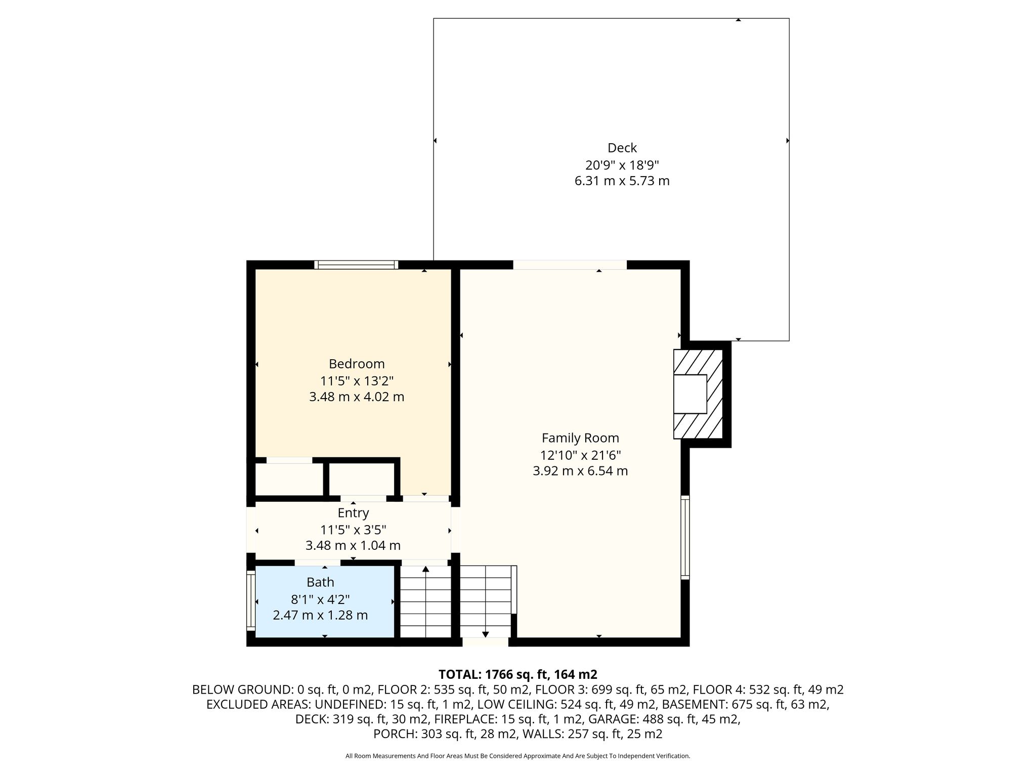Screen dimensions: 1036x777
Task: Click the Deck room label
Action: [x=622, y=148]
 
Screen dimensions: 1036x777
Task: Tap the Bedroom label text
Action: [x=357, y=364]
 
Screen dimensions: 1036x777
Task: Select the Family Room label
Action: [x=580, y=438]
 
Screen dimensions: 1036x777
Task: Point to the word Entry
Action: [x=353, y=513]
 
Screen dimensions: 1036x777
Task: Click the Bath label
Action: [x=320, y=582]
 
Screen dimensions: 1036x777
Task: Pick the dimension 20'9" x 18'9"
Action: [x=622, y=164]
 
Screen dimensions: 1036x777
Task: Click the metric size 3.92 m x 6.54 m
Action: [x=580, y=471]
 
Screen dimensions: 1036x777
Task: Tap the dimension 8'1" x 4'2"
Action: [x=320, y=599]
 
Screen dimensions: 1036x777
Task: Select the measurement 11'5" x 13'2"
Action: [x=357, y=380]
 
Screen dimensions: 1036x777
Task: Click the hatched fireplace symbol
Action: [x=698, y=394]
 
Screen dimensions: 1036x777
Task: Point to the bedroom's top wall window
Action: [x=356, y=265]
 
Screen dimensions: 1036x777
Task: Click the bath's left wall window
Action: [x=250, y=601]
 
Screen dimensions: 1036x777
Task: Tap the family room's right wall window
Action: [x=685, y=537]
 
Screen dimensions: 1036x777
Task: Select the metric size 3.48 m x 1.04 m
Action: [x=353, y=546]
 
